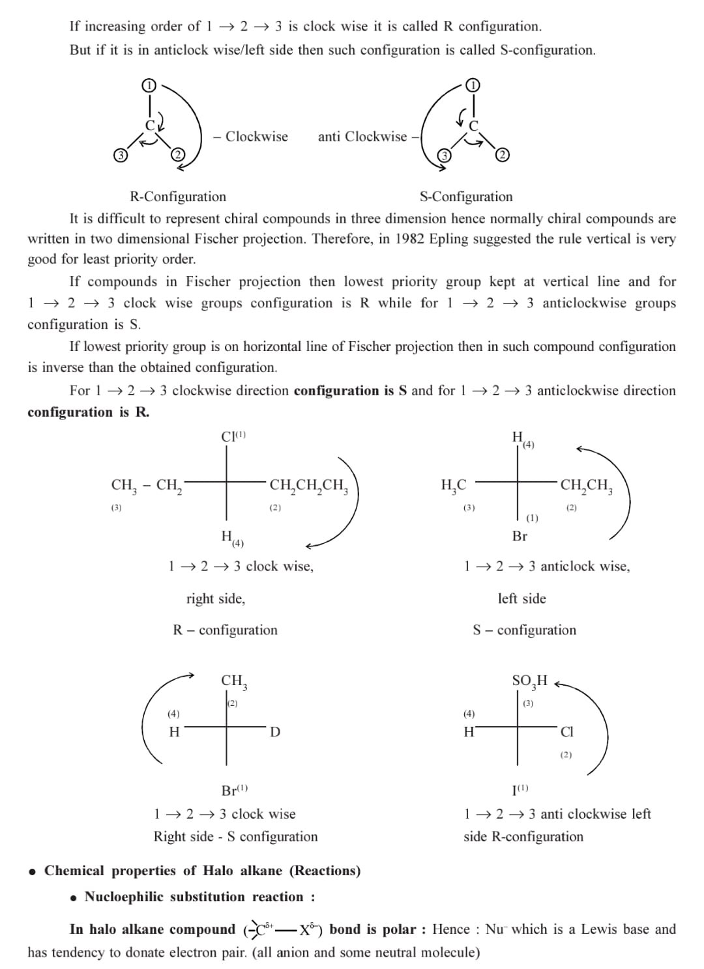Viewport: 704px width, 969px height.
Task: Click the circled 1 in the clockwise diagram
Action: [149, 85]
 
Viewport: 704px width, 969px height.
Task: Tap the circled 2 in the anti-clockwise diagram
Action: [502, 154]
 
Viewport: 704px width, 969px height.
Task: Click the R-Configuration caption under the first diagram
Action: [178, 197]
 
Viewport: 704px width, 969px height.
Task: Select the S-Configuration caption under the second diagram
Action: [466, 197]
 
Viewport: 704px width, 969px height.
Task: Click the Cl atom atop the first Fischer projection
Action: [229, 437]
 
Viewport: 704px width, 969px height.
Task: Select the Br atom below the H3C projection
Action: [520, 537]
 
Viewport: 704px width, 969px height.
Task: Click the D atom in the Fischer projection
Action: [275, 732]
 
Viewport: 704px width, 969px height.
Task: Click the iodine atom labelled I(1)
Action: [518, 791]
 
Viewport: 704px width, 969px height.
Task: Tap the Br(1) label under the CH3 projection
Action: [233, 791]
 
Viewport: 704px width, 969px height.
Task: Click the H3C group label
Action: [454, 486]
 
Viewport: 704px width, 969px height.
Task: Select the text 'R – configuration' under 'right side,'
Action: [225, 630]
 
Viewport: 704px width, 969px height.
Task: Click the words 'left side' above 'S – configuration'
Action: [521, 598]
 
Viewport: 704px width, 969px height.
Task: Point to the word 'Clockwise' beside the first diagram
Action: [256, 137]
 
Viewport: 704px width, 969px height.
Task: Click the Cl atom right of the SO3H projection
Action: [567, 732]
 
